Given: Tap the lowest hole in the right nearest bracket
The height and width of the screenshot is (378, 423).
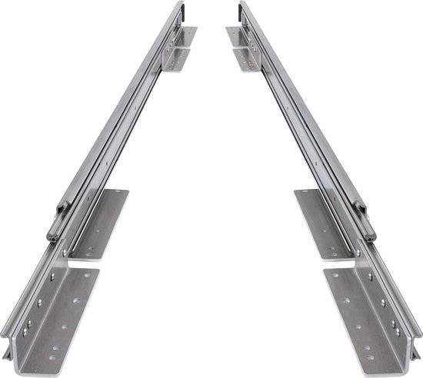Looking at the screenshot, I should (371, 357).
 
